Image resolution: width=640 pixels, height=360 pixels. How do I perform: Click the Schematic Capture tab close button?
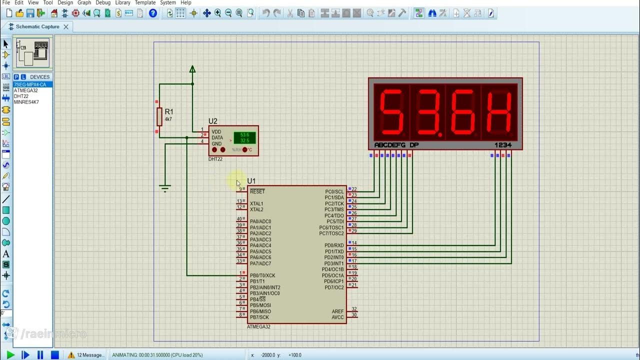pyautogui.click(x=65, y=26)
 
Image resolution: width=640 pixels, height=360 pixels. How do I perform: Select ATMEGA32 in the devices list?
pyautogui.click(x=25, y=90)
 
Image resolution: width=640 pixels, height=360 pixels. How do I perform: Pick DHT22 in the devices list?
pyautogui.click(x=21, y=96)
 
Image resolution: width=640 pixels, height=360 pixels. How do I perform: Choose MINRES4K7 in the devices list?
pyautogui.click(x=26, y=102)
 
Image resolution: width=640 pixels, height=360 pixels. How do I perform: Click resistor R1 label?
pyautogui.click(x=168, y=112)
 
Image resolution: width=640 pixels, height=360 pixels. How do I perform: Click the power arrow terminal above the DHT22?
pyautogui.click(x=192, y=69)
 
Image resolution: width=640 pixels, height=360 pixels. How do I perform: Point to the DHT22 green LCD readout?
pyautogui.click(x=244, y=137)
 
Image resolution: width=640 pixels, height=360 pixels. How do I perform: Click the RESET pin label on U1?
pyautogui.click(x=257, y=191)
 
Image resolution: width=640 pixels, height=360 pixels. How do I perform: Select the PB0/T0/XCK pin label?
pyautogui.click(x=262, y=275)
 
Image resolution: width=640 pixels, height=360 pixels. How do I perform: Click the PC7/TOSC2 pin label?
pyautogui.click(x=331, y=233)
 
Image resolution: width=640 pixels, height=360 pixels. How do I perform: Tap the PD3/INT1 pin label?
pyautogui.click(x=334, y=263)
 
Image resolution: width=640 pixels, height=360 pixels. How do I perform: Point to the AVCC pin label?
pyautogui.click(x=337, y=317)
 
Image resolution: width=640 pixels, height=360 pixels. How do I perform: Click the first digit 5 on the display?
pyautogui.click(x=392, y=112)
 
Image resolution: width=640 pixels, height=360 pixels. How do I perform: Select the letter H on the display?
pyautogui.click(x=499, y=112)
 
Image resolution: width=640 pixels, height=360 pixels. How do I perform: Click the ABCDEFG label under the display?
pyautogui.click(x=390, y=145)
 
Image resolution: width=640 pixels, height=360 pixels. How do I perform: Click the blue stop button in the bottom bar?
pyautogui.click(x=55, y=355)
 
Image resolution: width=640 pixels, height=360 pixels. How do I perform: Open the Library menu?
pyautogui.click(x=122, y=2)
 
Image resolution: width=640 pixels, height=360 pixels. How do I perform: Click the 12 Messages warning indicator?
pyautogui.click(x=86, y=355)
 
